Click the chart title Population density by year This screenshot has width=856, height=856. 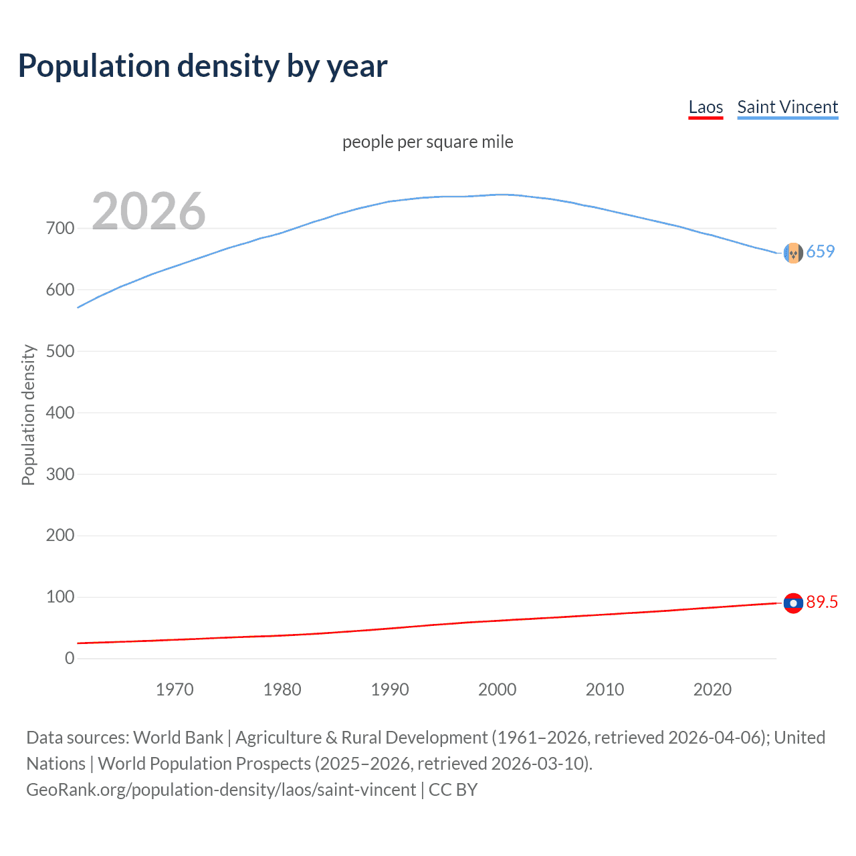[x=203, y=66]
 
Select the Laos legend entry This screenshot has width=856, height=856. [x=706, y=107]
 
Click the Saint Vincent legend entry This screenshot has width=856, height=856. [x=787, y=107]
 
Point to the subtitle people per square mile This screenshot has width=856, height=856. [x=427, y=142]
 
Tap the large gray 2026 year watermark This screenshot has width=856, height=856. [x=148, y=211]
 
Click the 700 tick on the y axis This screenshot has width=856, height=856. [x=60, y=228]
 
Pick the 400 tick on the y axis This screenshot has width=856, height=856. [x=60, y=413]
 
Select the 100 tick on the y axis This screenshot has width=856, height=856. [x=60, y=597]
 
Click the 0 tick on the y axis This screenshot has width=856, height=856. [x=70, y=658]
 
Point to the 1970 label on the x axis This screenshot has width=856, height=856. [x=175, y=689]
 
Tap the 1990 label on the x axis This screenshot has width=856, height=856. [x=390, y=689]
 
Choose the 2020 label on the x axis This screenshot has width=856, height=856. [x=712, y=689]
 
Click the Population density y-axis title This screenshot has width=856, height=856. [x=28, y=415]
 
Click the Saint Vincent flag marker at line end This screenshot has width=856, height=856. [x=793, y=253]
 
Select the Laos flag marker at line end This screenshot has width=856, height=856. [x=793, y=603]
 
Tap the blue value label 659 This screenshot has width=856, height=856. [x=821, y=251]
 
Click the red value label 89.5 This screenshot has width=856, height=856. [x=822, y=602]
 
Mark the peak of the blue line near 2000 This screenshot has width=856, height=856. [x=503, y=195]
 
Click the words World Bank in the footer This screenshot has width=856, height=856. [x=178, y=738]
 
